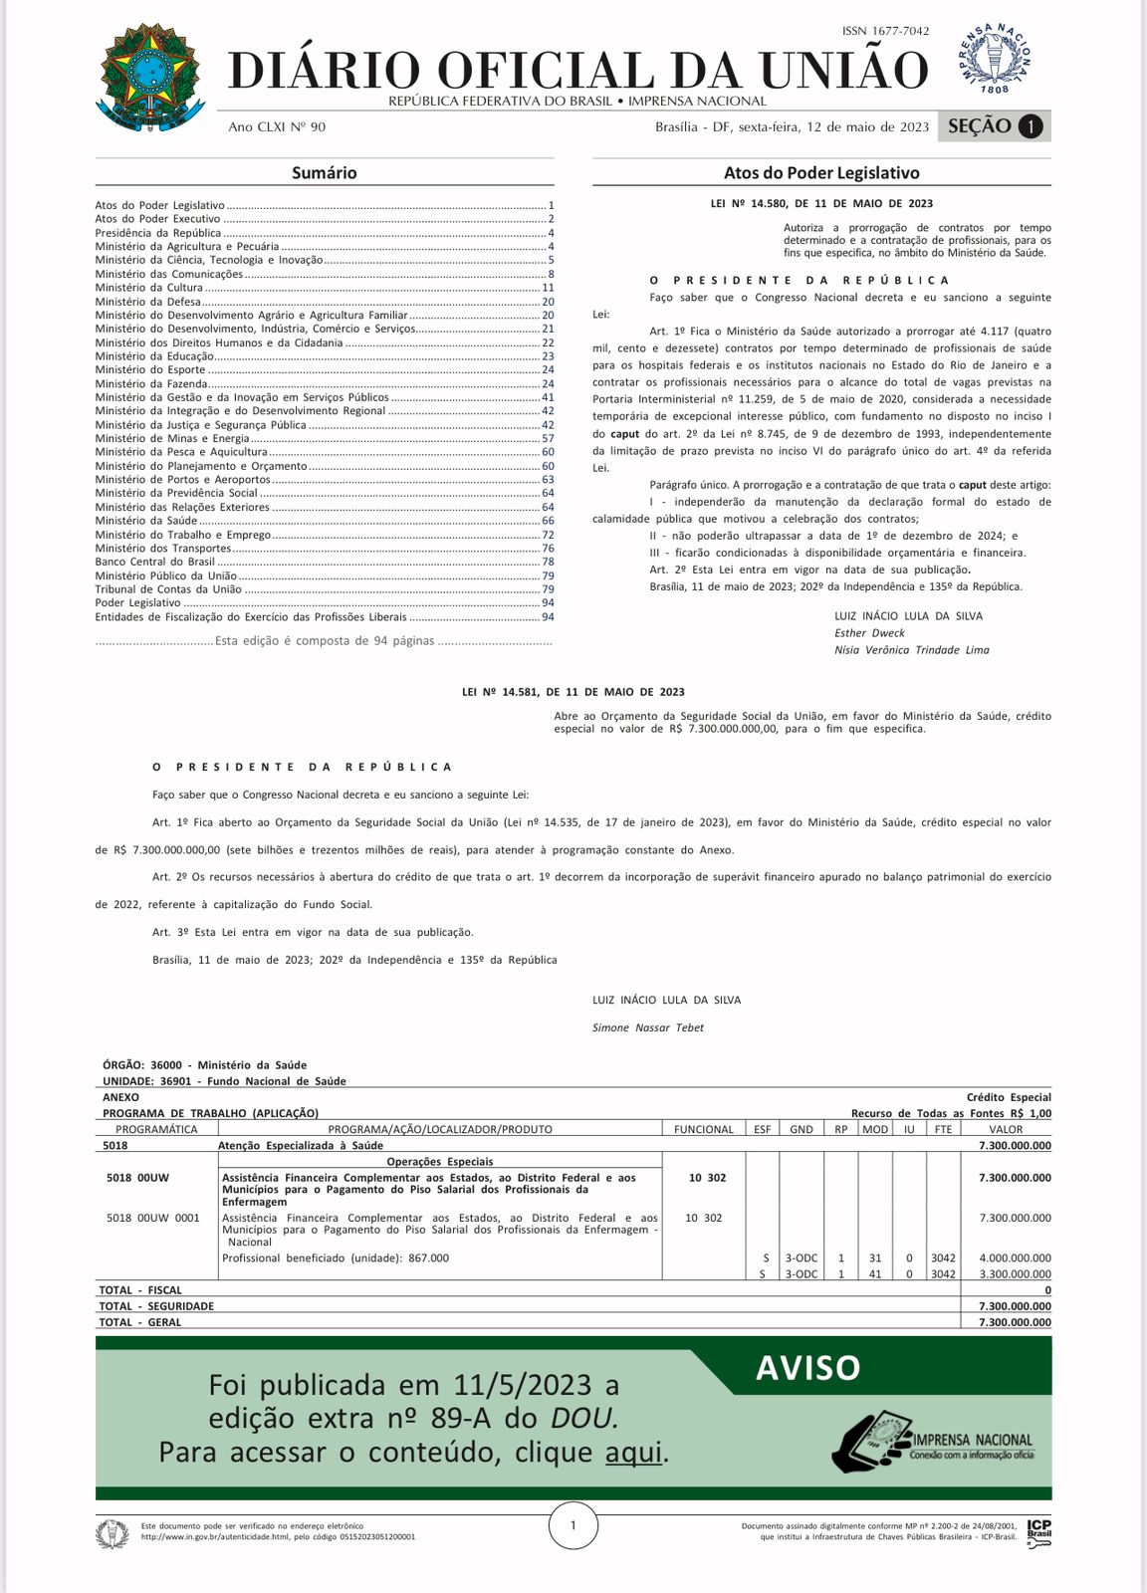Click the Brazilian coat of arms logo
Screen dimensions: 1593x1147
click(x=151, y=78)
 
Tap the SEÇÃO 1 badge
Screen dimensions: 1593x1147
click(x=995, y=126)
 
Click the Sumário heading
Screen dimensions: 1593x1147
click(x=324, y=173)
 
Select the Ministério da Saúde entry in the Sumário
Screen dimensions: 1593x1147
click(x=146, y=521)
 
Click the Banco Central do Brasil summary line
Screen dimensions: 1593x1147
click(x=154, y=562)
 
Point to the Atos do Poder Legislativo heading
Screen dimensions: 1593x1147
click(x=821, y=173)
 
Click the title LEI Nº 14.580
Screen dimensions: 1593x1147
click(x=821, y=204)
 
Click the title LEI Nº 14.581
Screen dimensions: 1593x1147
click(x=573, y=692)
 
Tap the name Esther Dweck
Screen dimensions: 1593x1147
click(x=869, y=633)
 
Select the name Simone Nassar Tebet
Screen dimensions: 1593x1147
click(x=648, y=1027)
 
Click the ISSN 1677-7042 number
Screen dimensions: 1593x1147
click(x=885, y=32)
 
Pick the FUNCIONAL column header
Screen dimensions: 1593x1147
click(x=703, y=1129)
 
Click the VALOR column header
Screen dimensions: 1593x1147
click(x=1006, y=1129)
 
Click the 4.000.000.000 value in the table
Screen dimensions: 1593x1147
click(x=1015, y=1258)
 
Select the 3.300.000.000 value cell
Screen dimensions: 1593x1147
click(x=1015, y=1274)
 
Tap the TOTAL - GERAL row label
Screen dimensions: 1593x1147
click(x=139, y=1322)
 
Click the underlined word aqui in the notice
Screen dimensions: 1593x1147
click(x=633, y=1453)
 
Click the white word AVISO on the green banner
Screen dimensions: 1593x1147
click(x=807, y=1368)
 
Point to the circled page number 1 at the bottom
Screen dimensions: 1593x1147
click(x=573, y=1525)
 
